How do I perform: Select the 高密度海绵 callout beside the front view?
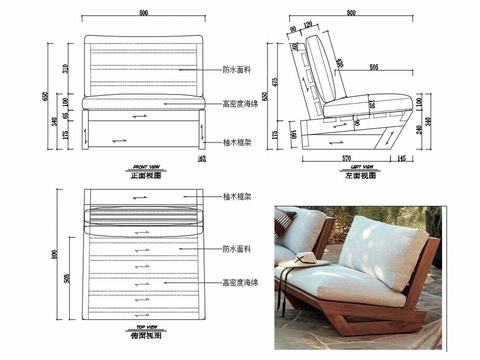coord(240,103)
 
